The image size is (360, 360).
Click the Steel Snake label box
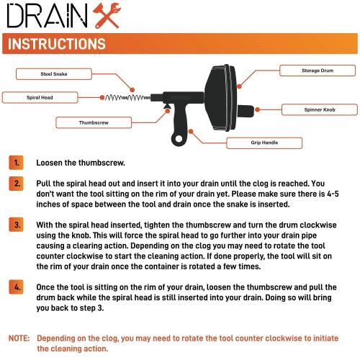coord(54,74)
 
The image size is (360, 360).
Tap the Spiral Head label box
coord(40,97)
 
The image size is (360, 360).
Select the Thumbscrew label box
coord(94,122)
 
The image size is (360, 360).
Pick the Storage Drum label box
coord(318,71)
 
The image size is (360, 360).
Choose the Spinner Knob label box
coord(320,109)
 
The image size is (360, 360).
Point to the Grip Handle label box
coord(264,143)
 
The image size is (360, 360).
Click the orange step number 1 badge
coord(16,163)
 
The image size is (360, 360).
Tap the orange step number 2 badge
coord(16,184)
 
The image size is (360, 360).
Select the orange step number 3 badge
coord(16,225)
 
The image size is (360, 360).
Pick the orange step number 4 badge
coord(16,287)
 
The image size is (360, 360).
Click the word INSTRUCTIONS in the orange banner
coord(57,44)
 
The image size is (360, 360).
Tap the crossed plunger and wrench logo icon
coord(107,16)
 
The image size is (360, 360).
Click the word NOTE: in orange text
coord(19,338)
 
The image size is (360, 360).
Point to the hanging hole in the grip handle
coord(179,139)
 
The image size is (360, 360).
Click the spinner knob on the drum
coord(246,111)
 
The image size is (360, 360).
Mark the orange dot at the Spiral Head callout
coord(102,97)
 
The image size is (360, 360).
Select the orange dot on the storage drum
coord(239,86)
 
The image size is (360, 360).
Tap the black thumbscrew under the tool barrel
coord(167,106)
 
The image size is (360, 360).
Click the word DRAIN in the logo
coord(47,16)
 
